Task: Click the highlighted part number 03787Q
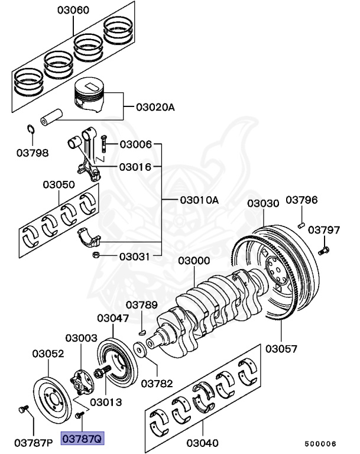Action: [83, 439]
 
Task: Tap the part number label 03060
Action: [73, 10]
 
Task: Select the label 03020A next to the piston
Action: [155, 108]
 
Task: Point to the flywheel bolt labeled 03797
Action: [323, 251]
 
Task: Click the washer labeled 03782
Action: [140, 350]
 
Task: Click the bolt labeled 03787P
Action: [22, 408]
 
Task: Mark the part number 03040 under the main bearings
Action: [202, 442]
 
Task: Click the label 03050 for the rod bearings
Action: [59, 184]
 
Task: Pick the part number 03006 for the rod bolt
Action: [136, 144]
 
